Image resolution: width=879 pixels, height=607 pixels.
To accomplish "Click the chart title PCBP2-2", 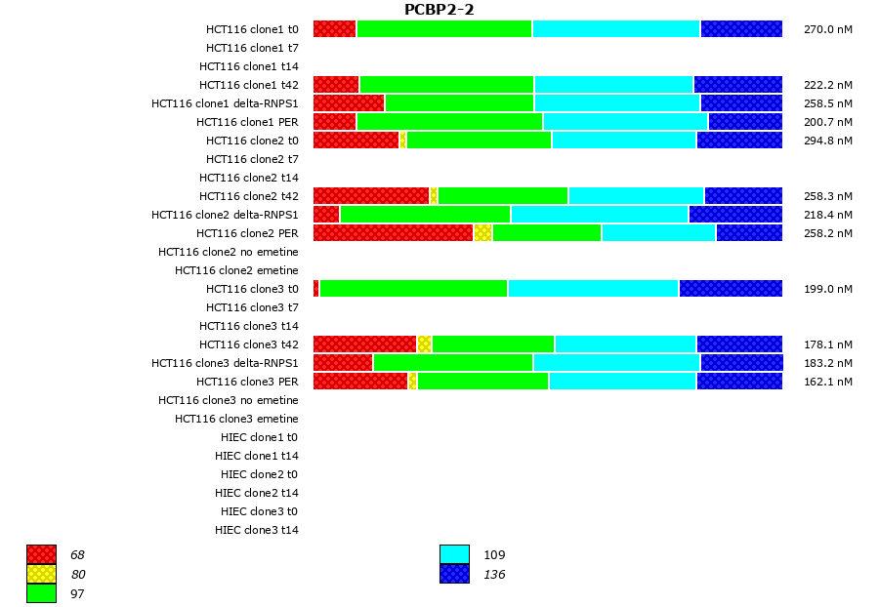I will (x=439, y=10).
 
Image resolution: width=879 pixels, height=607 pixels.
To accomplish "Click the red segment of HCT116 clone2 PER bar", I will (x=393, y=233).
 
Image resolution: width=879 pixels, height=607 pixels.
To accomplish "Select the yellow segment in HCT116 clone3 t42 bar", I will (x=424, y=344).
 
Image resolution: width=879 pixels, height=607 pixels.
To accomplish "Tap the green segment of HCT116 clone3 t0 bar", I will (x=413, y=289).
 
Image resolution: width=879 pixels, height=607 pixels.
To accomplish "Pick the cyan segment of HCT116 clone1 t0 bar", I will (x=615, y=29).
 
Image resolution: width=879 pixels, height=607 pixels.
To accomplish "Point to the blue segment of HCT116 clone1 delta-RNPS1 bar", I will (x=740, y=103).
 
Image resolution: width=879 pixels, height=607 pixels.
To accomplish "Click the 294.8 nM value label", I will (x=827, y=141).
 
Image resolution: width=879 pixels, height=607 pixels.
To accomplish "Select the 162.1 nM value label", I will (x=827, y=382).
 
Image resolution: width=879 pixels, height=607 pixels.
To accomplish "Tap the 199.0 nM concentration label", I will (x=827, y=289).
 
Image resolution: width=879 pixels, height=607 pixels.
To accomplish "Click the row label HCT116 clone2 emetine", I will (x=236, y=270).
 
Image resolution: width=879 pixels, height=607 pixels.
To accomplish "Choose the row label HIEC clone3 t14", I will (x=256, y=530).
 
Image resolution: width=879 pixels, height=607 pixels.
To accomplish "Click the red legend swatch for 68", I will (x=41, y=554).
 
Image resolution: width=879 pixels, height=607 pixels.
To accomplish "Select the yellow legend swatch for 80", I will (x=41, y=574).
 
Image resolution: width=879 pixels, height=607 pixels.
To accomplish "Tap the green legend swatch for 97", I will (x=41, y=592).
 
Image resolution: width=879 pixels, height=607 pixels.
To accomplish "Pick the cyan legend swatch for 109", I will (x=454, y=554).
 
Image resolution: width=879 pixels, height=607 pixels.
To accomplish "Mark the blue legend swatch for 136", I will (x=454, y=574).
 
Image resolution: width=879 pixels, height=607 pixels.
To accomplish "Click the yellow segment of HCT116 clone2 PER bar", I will (x=482, y=233).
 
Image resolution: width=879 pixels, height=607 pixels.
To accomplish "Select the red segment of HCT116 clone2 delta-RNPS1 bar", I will (x=326, y=215).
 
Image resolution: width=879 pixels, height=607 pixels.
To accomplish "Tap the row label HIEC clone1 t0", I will (x=259, y=437).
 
